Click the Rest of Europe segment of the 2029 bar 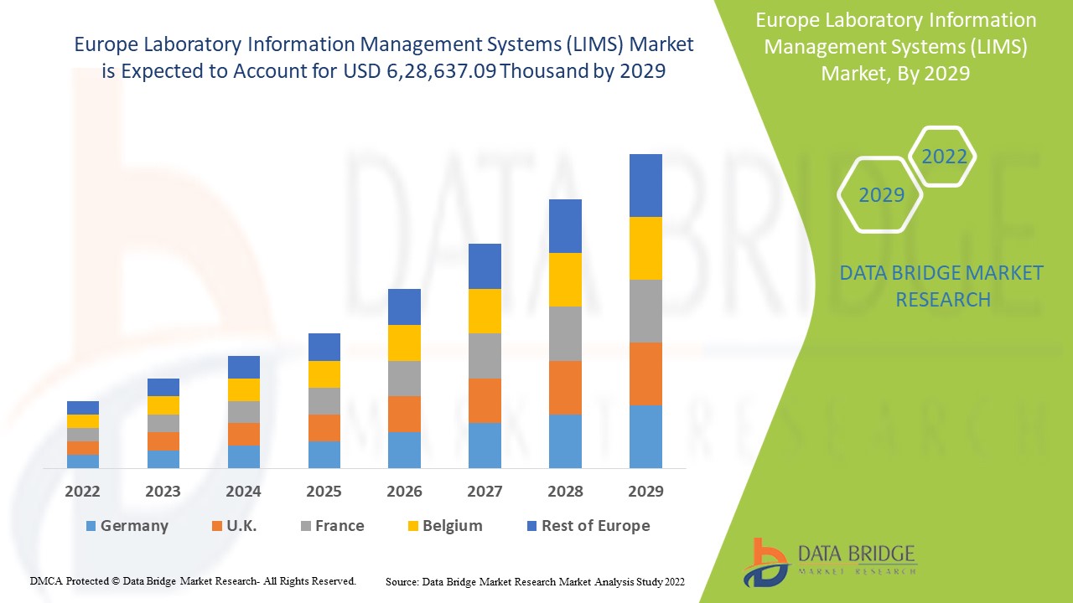[645, 185]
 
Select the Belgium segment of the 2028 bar [565, 280]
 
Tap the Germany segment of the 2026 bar [404, 450]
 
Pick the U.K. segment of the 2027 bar [485, 400]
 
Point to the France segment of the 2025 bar [324, 401]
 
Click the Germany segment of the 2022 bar [83, 461]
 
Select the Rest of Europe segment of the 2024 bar [244, 367]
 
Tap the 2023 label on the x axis [163, 491]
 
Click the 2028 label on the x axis [565, 491]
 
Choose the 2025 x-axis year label [324, 491]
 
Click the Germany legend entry [127, 526]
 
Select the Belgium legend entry [444, 526]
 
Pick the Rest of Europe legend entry [588, 526]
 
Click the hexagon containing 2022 [944, 157]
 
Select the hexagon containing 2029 [881, 195]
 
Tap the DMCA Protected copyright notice [194, 580]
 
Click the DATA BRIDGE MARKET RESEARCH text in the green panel [942, 286]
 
